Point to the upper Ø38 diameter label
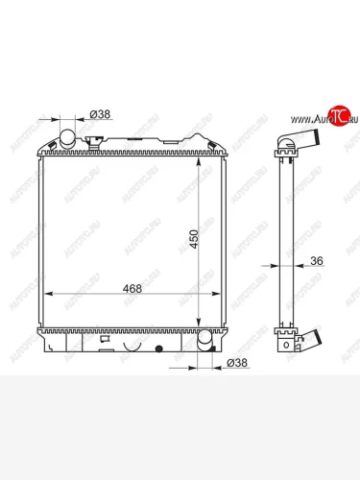click(x=101, y=114)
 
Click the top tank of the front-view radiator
click(x=134, y=151)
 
